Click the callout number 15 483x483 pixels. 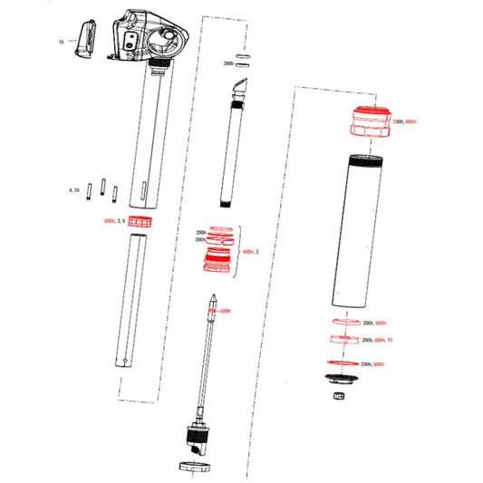[x=62, y=42]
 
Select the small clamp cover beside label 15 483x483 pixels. [x=83, y=39]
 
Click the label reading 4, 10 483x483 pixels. [x=74, y=190]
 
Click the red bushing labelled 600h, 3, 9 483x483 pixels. [x=140, y=222]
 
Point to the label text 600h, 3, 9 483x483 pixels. [x=114, y=221]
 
